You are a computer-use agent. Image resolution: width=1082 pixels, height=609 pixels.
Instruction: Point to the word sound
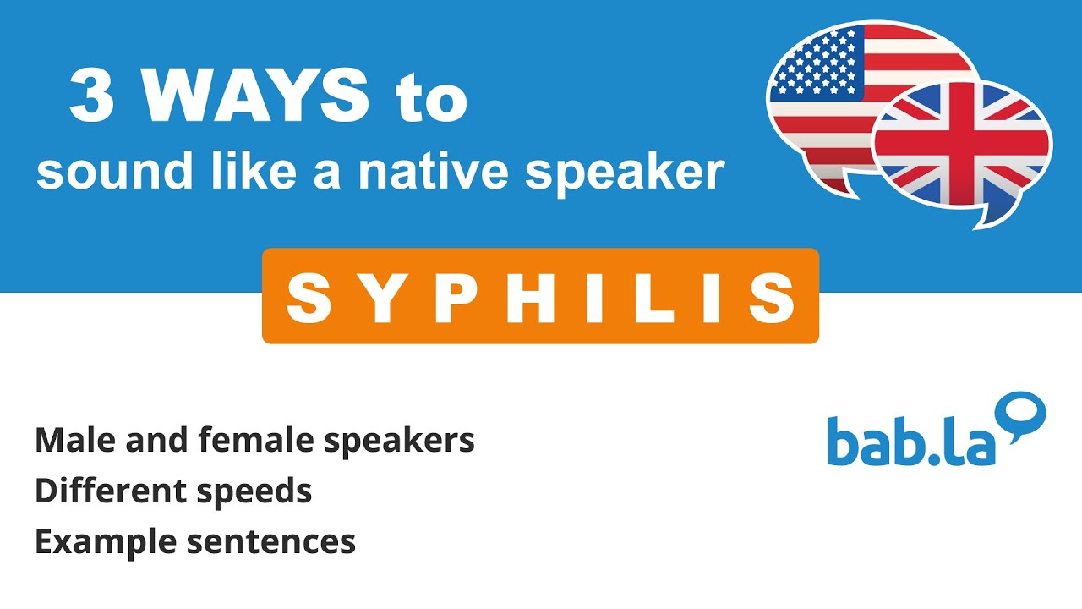94,172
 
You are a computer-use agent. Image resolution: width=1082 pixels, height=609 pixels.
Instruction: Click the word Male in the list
68,440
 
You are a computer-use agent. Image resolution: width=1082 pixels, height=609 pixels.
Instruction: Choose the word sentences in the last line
270,542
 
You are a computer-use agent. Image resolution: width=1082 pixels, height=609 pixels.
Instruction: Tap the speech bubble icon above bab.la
1024,414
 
